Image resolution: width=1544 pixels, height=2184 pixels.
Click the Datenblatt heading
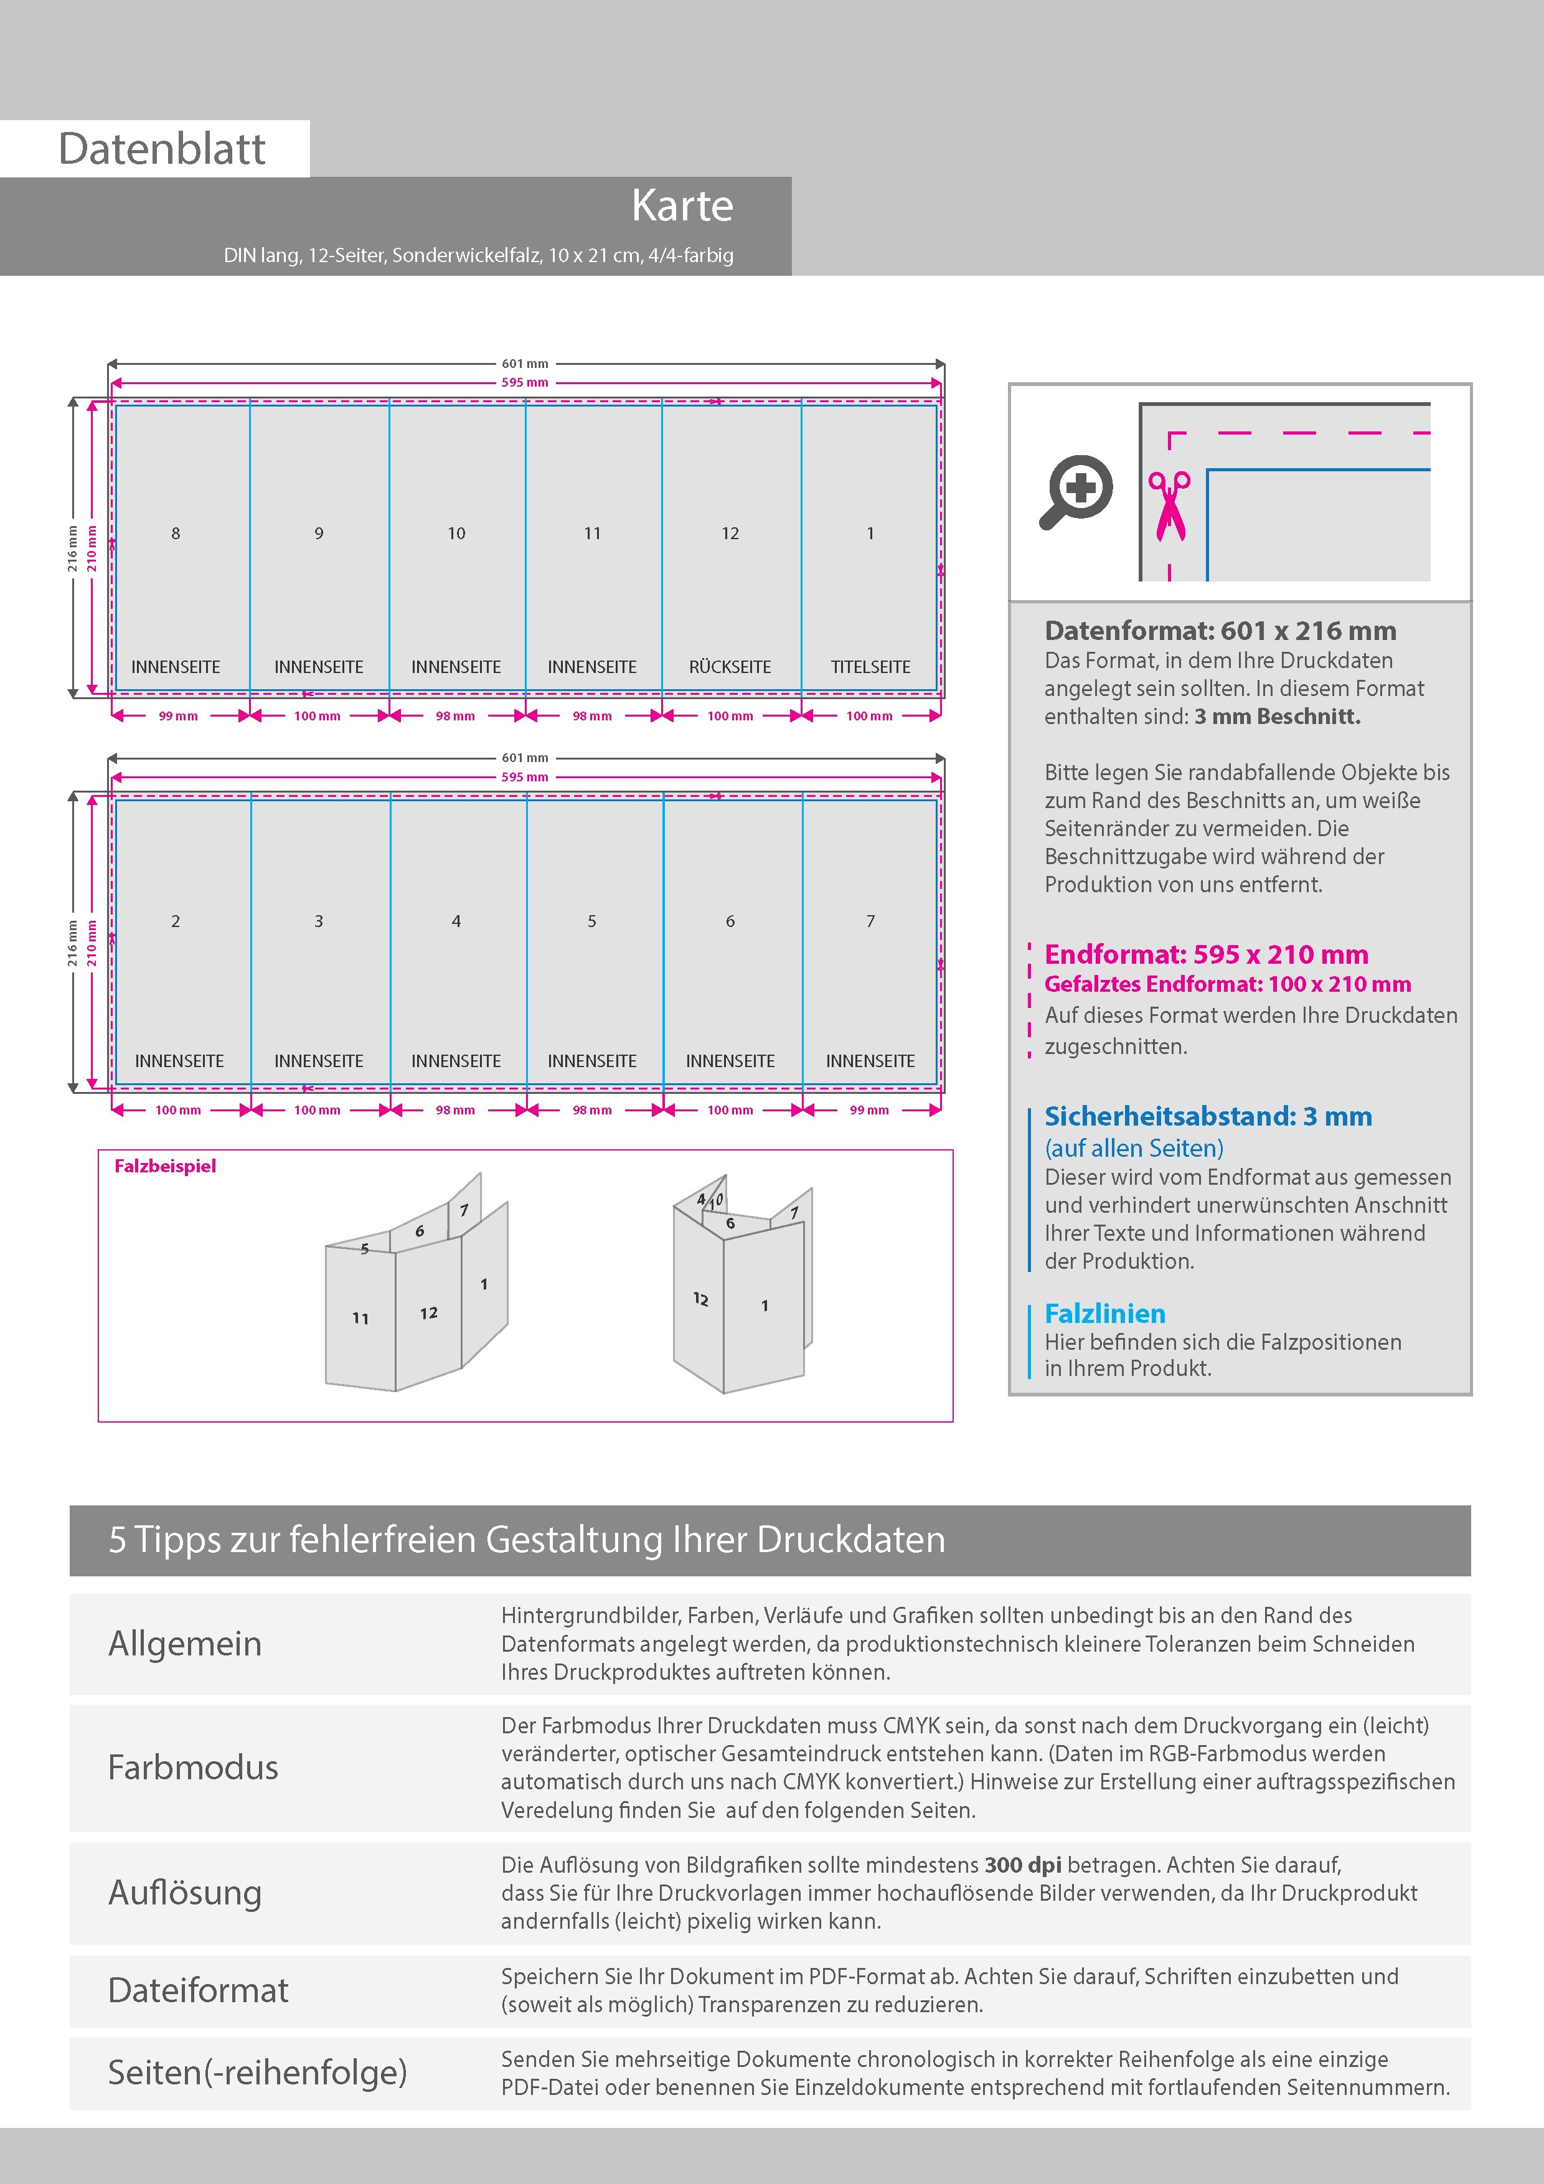pos(162,149)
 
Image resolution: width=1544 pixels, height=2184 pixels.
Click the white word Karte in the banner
pos(682,207)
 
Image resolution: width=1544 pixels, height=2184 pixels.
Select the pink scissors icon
pos(1169,506)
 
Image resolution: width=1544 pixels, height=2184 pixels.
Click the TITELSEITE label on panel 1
pos(870,667)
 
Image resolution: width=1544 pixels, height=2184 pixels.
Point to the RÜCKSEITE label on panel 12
pos(730,667)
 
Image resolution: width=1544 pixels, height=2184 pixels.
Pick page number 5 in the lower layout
pos(591,921)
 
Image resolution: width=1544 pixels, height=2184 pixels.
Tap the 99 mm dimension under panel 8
pos(178,716)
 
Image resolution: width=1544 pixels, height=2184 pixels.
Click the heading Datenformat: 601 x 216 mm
pos(1220,631)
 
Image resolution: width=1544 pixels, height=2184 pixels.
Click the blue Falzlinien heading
pos(1104,1314)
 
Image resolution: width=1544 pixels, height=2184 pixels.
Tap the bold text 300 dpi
pos(1023,1865)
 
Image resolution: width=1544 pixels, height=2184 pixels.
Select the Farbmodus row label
pos(193,1767)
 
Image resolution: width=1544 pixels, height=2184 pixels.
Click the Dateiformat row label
pos(198,1990)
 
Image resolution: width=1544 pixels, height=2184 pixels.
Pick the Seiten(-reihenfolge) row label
pos(257,2072)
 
